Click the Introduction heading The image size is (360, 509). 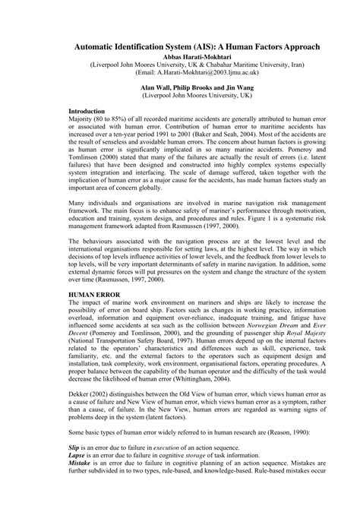click(87, 111)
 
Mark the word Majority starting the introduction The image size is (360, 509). click(83, 119)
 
